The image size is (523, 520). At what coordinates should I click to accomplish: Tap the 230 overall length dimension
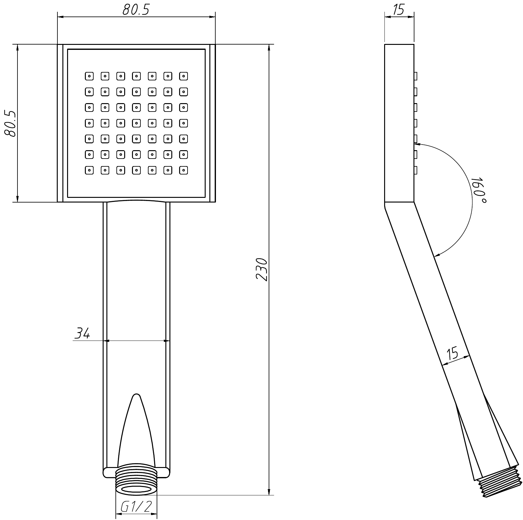[x=261, y=270]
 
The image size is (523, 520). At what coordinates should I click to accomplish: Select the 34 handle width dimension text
[x=82, y=333]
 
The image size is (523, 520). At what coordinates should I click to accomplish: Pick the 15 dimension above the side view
[x=399, y=10]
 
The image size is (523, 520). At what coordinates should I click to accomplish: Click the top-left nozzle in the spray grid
[x=89, y=76]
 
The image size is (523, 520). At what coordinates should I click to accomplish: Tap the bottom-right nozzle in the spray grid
[x=183, y=170]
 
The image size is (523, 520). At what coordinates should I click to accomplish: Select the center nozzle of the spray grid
[x=136, y=123]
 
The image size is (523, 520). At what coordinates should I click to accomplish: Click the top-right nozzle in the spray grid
[x=183, y=76]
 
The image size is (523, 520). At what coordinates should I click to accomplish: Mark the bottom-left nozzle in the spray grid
[x=89, y=170]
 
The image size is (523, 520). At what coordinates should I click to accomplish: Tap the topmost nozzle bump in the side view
[x=416, y=76]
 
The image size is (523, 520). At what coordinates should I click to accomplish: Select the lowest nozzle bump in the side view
[x=416, y=170]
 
